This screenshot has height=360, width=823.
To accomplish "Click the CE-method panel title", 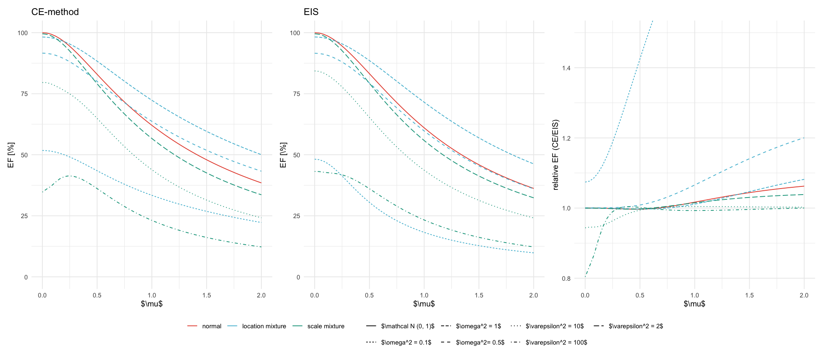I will point(55,12).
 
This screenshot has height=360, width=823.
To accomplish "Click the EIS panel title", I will point(311,12).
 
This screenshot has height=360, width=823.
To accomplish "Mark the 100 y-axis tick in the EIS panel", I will point(295,33).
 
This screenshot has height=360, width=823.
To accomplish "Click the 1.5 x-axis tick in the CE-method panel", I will point(207,295).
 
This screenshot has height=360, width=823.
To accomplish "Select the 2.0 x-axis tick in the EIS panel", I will point(533,295).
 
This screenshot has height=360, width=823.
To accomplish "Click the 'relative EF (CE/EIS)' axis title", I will point(556,154).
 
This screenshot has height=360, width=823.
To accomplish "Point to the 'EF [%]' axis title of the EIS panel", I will point(283,155).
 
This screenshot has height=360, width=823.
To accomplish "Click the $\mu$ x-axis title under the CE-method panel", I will point(152,304).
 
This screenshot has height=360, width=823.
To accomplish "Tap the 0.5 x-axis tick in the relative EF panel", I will point(640,295).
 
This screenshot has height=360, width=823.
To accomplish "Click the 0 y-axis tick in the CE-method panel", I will point(26,277).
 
